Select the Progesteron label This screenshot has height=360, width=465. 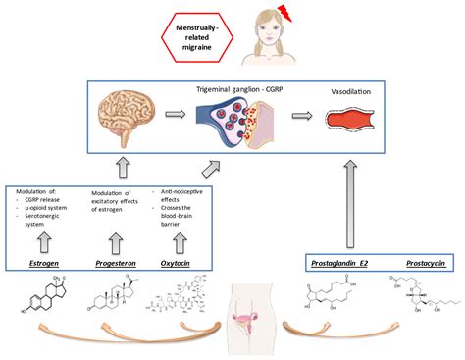pyautogui.click(x=115, y=264)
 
